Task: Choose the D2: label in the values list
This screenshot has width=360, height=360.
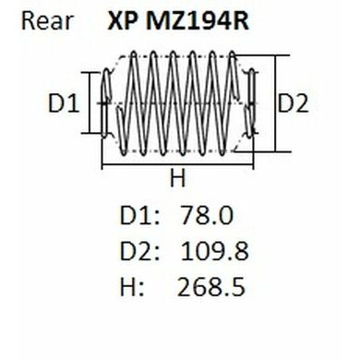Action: point(140,251)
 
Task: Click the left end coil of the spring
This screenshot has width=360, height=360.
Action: point(107,103)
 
